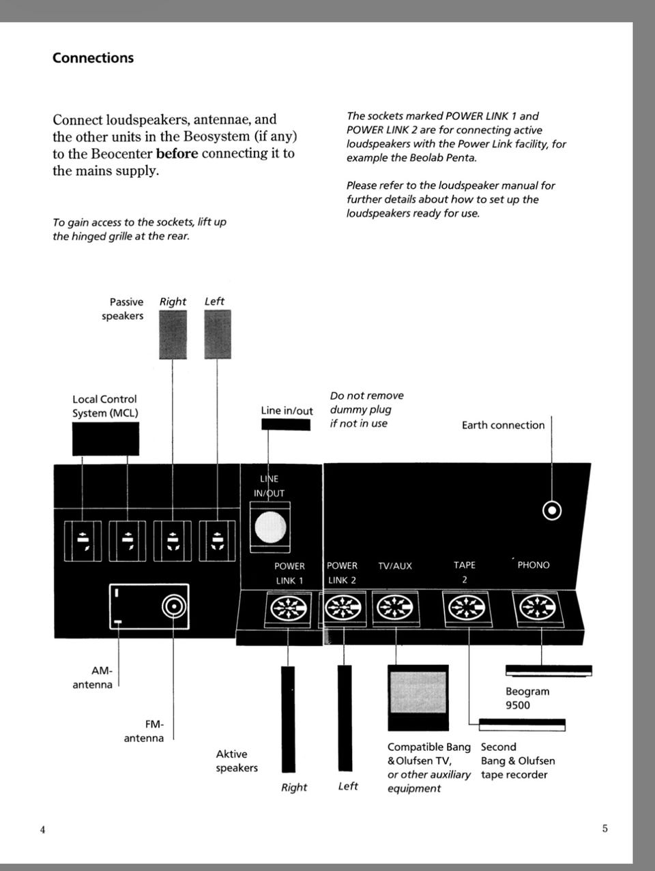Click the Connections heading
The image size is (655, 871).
tap(93, 58)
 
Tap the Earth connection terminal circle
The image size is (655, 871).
tap(551, 510)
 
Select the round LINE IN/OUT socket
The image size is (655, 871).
tap(270, 527)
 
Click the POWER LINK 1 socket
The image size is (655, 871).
tap(289, 608)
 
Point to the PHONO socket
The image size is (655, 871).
tap(537, 608)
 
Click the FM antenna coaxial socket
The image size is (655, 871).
tap(173, 606)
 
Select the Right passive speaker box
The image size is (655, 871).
tap(173, 334)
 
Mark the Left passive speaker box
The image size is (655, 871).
tap(217, 334)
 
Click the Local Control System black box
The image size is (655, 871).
tap(106, 439)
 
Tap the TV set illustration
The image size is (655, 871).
tap(418, 697)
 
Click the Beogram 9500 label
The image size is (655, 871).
tap(527, 698)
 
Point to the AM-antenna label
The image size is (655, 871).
tap(93, 678)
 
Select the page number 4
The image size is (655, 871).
tap(43, 829)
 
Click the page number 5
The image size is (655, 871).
tap(605, 829)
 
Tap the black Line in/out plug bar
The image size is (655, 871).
tap(286, 425)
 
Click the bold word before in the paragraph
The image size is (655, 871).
tap(177, 153)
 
